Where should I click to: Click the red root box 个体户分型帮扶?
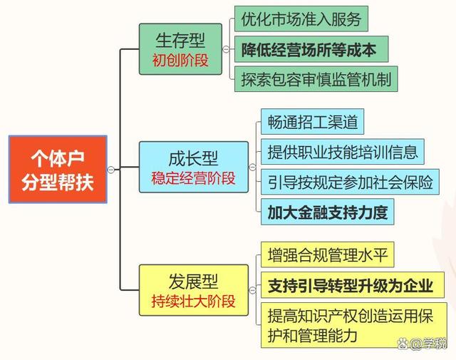[x=58, y=170]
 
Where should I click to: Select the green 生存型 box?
[x=180, y=49]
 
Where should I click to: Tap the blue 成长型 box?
[x=194, y=167]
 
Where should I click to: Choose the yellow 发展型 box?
[x=194, y=290]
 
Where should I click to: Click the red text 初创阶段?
[x=180, y=61]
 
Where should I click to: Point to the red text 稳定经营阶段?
[x=193, y=178]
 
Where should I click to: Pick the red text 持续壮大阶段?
[x=193, y=302]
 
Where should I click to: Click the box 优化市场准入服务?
[x=301, y=19]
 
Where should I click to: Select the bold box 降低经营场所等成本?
[x=311, y=49]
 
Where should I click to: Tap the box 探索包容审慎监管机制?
[x=316, y=79]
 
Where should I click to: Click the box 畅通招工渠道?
[x=312, y=122]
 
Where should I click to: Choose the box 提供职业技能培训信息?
[x=343, y=152]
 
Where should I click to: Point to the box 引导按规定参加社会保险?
[x=350, y=182]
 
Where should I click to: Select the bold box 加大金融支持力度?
[x=328, y=212]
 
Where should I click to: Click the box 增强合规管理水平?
[x=328, y=254]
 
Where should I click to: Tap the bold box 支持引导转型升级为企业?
[x=353, y=285]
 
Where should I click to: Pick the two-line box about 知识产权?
[x=354, y=325]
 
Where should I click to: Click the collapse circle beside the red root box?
[x=111, y=170]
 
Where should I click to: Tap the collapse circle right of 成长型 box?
[x=252, y=167]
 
